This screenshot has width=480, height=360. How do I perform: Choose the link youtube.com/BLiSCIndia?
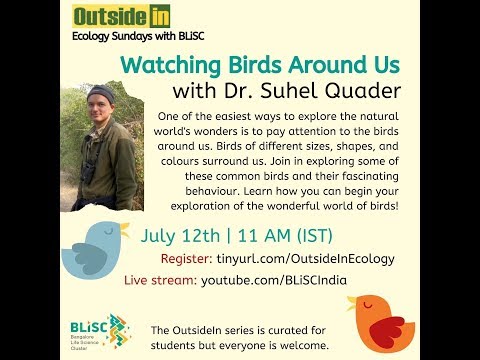click(x=274, y=279)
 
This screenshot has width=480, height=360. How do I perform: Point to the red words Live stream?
click(x=159, y=279)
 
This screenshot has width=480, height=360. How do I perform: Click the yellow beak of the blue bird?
click(x=123, y=230)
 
